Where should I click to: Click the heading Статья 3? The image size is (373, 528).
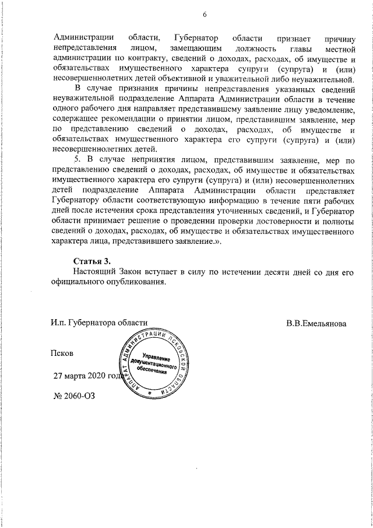pos(92,260)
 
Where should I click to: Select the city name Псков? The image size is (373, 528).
pos(62,354)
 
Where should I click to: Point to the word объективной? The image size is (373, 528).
pos(185,78)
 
